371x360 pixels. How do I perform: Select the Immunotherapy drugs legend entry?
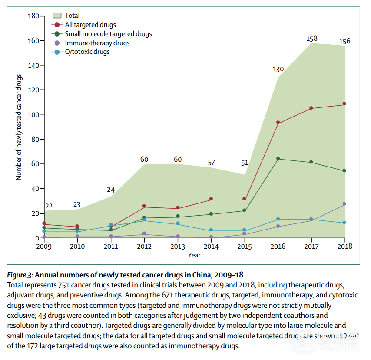[97, 43]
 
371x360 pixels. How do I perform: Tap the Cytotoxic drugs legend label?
[87, 52]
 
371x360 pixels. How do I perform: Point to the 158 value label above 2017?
[311, 39]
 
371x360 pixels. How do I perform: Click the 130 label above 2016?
[278, 69]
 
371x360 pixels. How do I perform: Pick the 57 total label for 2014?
[211, 163]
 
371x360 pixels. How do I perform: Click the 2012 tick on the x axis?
[144, 246]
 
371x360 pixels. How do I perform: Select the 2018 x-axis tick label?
[344, 246]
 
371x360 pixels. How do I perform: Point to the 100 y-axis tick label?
[34, 115]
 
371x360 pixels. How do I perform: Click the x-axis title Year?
[194, 255]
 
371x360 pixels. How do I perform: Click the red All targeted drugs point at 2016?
[278, 123]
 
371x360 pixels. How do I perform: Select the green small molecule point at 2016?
[278, 159]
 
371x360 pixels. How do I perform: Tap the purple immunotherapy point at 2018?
[344, 204]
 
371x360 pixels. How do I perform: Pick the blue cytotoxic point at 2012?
[144, 220]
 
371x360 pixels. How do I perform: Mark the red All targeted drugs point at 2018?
[344, 104]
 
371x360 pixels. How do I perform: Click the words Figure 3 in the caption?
[21, 275]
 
